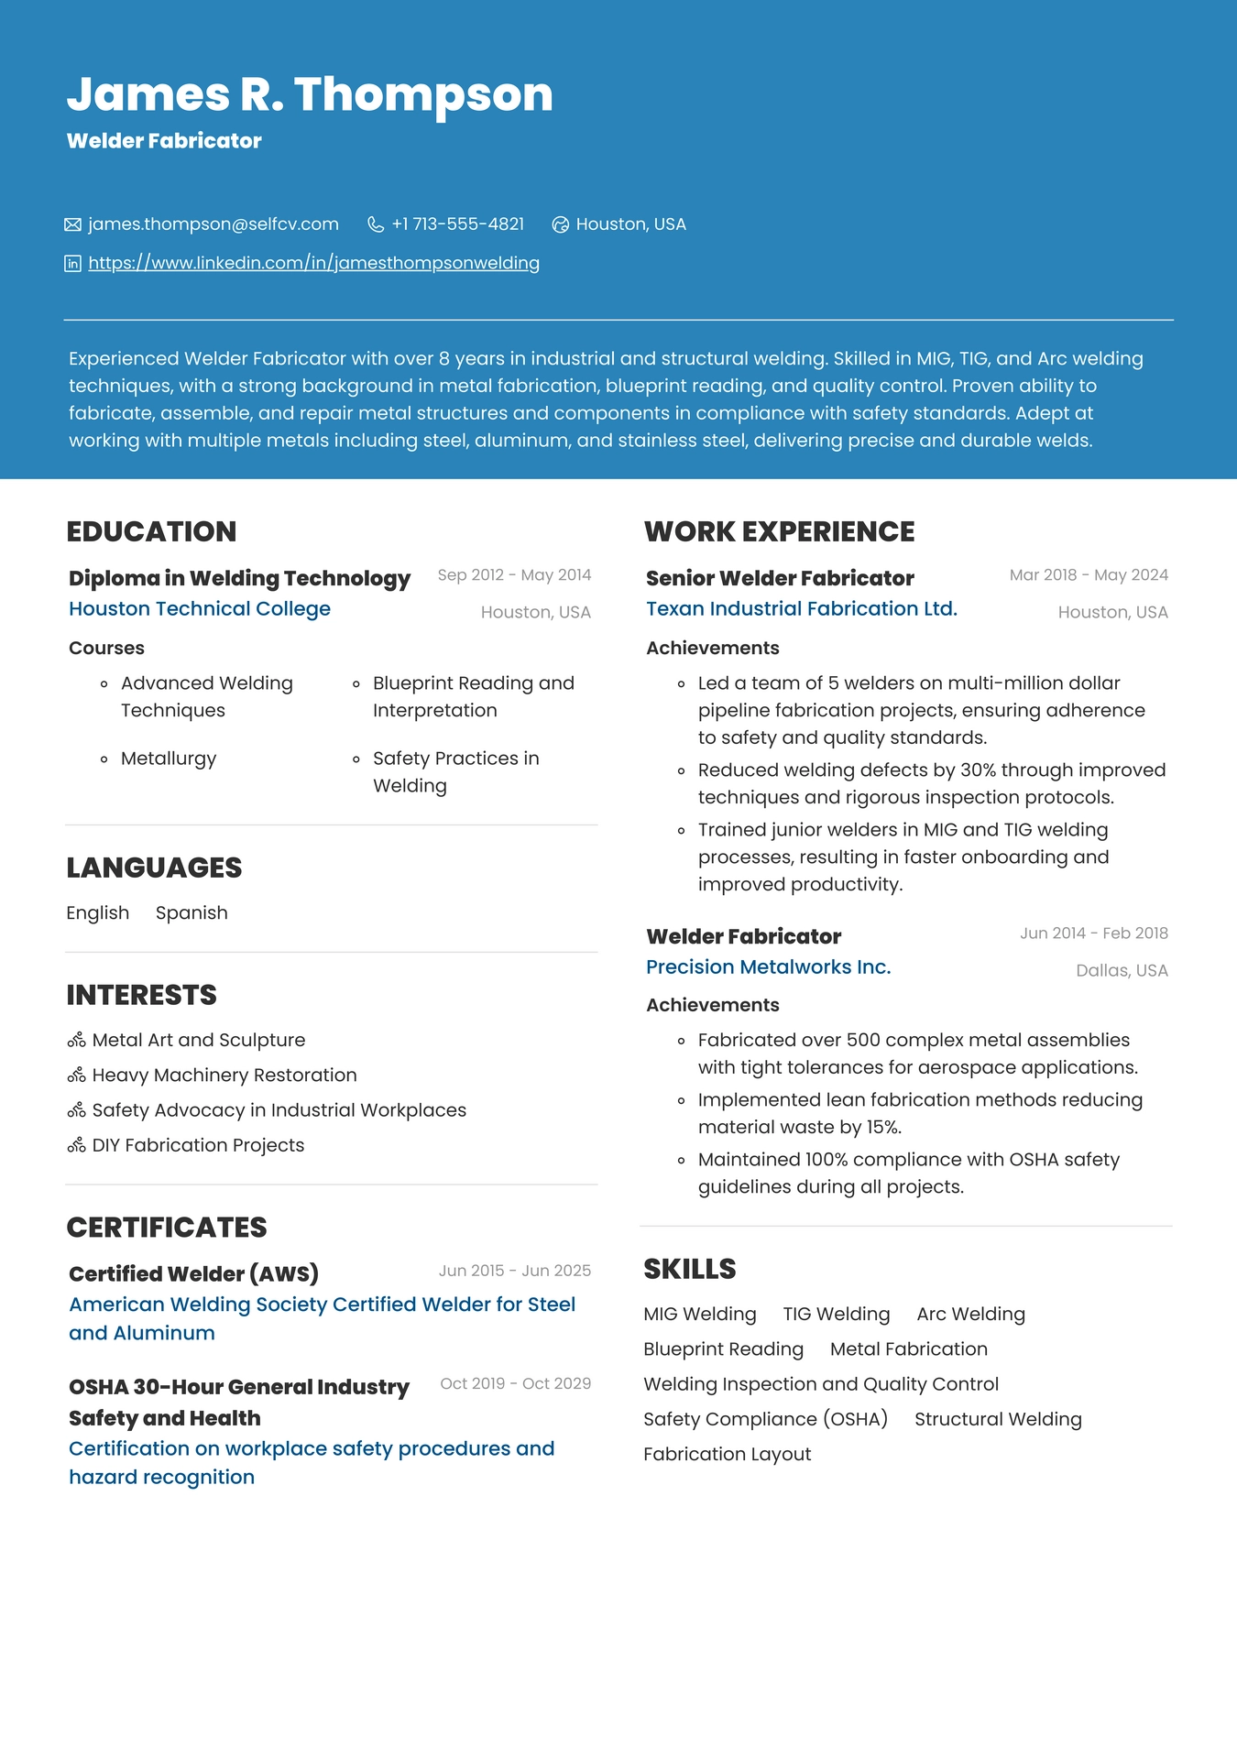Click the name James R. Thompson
(x=310, y=94)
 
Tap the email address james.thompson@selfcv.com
(x=213, y=224)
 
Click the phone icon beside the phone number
(x=376, y=224)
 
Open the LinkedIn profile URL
(x=313, y=264)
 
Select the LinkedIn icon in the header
(x=73, y=264)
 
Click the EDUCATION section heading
(x=151, y=531)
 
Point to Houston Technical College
(x=200, y=609)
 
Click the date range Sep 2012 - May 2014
(x=514, y=575)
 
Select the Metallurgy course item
(x=169, y=759)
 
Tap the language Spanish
(x=192, y=913)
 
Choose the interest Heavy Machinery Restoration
(x=224, y=1075)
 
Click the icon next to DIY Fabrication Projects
(x=76, y=1146)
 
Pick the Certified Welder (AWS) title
(x=193, y=1273)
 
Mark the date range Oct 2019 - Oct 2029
(x=515, y=1383)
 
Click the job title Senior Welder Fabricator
(x=780, y=578)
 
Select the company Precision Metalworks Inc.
(x=768, y=967)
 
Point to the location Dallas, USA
(x=1122, y=971)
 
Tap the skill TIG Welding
(x=836, y=1315)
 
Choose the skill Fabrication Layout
(x=727, y=1455)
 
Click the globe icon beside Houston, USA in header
(x=561, y=224)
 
